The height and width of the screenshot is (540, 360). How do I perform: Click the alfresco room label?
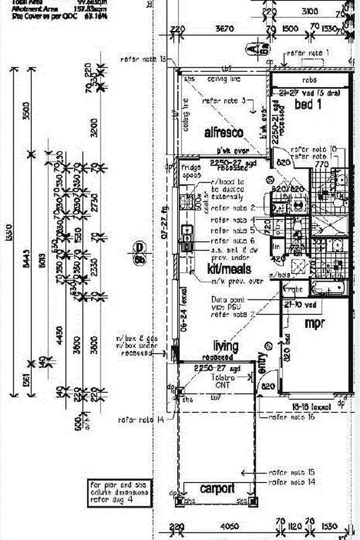(x=224, y=132)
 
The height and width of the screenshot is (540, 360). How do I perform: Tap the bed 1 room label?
(x=308, y=104)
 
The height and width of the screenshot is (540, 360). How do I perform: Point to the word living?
(x=226, y=346)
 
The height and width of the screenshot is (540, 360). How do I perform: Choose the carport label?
(x=217, y=488)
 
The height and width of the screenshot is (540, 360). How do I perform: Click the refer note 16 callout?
(x=291, y=418)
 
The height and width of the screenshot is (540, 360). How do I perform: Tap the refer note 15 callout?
(x=292, y=472)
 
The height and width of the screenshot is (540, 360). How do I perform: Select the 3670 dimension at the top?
(x=224, y=29)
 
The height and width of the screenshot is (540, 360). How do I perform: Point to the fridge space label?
(x=190, y=172)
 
